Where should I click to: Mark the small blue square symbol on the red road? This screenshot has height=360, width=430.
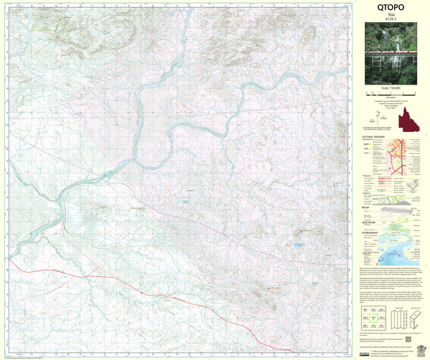[x=144, y=294]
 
